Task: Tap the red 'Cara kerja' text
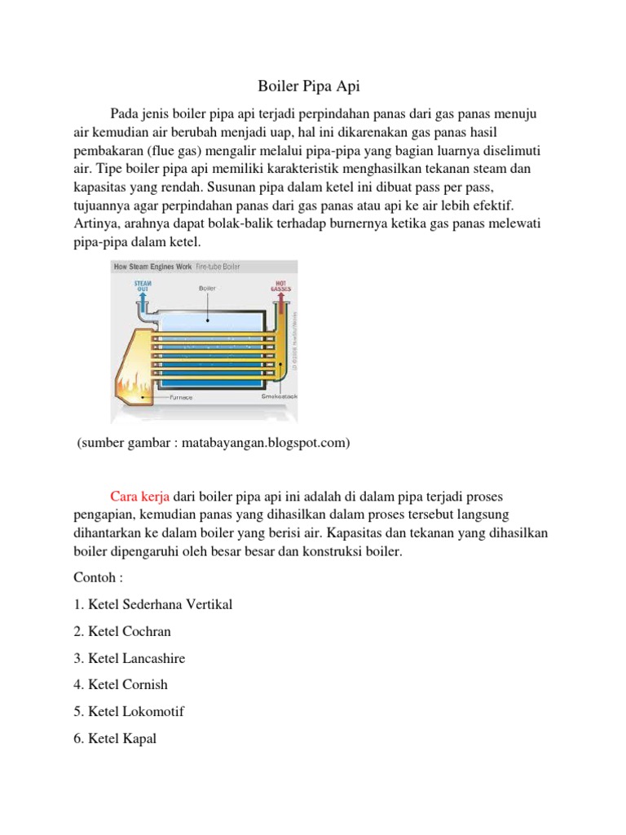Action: pos(140,497)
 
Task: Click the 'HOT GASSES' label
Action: pos(281,286)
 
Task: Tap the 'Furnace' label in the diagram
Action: pos(181,397)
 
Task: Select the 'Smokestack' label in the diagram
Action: pos(278,397)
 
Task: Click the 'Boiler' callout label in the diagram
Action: pos(207,288)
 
